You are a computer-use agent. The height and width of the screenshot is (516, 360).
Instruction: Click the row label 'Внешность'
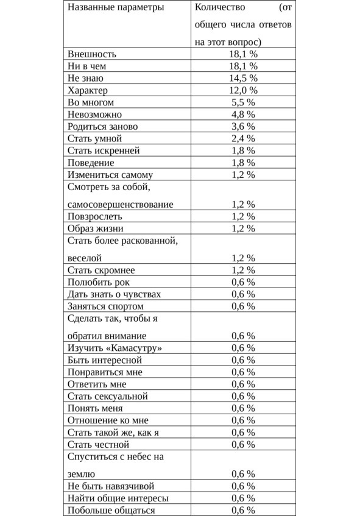(x=92, y=54)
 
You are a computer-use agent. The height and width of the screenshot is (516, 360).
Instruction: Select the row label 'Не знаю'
(x=85, y=78)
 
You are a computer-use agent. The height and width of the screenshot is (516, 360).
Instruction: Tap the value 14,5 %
(x=244, y=78)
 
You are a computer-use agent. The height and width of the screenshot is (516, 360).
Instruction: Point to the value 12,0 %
(x=244, y=90)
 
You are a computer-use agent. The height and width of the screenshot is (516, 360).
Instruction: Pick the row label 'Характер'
(x=89, y=90)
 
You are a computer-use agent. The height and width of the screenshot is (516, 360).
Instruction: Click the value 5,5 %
(x=244, y=102)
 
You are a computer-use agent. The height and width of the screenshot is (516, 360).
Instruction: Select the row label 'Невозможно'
(x=94, y=115)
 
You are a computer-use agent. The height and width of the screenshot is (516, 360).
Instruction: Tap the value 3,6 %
(x=244, y=127)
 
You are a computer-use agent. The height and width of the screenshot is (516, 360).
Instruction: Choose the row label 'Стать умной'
(x=94, y=138)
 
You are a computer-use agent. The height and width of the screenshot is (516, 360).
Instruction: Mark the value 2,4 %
(x=244, y=138)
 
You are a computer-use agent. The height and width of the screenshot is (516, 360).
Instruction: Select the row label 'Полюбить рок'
(x=98, y=282)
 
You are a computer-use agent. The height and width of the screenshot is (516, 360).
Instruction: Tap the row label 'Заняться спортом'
(x=105, y=306)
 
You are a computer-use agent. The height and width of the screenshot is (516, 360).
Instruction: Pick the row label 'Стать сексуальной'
(x=108, y=396)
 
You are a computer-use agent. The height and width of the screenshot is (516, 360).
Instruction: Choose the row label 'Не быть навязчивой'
(x=111, y=486)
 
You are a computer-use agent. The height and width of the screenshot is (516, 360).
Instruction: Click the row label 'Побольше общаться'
(x=111, y=511)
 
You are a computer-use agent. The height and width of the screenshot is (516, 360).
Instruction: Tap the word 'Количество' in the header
(x=220, y=8)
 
